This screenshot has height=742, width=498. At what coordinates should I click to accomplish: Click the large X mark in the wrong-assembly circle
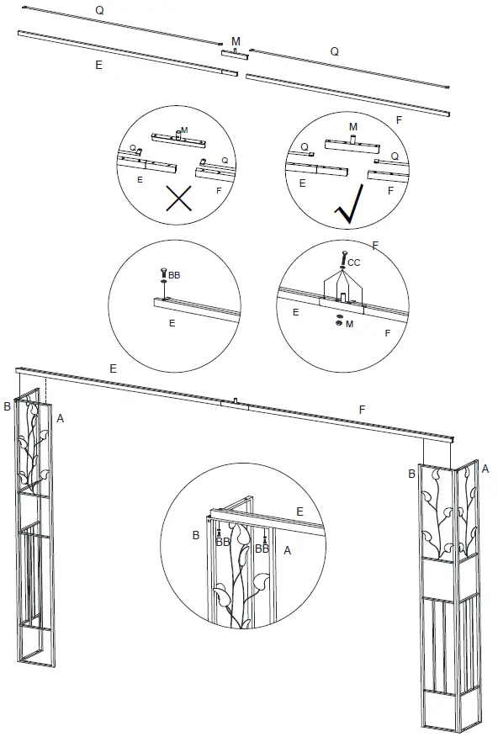pyautogui.click(x=177, y=199)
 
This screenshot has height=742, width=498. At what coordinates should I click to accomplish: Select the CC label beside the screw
pyautogui.click(x=354, y=262)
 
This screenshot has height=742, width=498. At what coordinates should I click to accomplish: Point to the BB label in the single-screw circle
pyautogui.click(x=175, y=274)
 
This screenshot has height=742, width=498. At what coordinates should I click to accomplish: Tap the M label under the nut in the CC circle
pyautogui.click(x=349, y=324)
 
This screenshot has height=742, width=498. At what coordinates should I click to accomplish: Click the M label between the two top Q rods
pyautogui.click(x=236, y=40)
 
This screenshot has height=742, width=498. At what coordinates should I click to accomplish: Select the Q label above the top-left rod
pyautogui.click(x=99, y=11)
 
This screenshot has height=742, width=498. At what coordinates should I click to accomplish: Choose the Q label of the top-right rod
pyautogui.click(x=334, y=51)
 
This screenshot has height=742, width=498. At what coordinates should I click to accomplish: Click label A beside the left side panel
pyautogui.click(x=60, y=416)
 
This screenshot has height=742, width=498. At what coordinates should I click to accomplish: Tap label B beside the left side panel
pyautogui.click(x=7, y=406)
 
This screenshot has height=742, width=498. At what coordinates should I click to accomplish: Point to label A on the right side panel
pyautogui.click(x=485, y=469)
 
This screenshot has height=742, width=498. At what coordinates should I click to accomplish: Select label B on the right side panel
pyautogui.click(x=411, y=474)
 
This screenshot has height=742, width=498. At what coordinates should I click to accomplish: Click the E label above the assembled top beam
pyautogui.click(x=112, y=368)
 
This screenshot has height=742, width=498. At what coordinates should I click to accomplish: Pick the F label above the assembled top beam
pyautogui.click(x=362, y=409)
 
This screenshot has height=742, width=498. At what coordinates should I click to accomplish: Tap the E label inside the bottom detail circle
pyautogui.click(x=299, y=511)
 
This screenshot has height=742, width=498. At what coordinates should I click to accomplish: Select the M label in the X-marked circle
pyautogui.click(x=184, y=130)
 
